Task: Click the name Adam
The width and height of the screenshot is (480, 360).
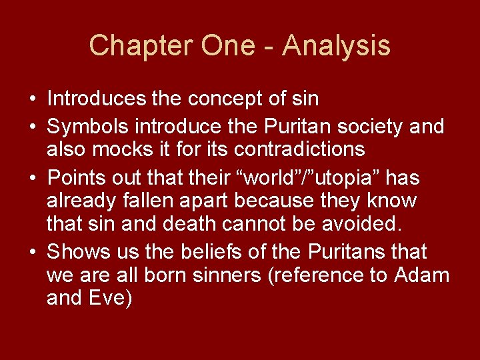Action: tap(422, 274)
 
